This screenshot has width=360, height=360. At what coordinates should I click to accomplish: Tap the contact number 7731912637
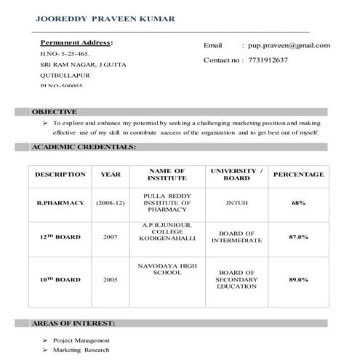click(268, 60)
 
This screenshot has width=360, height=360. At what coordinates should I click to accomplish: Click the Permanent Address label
click(76, 42)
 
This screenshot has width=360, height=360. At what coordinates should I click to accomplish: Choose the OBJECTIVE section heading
click(54, 112)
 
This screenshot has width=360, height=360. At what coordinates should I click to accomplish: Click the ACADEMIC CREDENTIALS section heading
click(84, 147)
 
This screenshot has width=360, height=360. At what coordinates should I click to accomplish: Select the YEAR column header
click(111, 175)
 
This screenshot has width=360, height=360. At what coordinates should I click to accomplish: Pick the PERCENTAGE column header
click(298, 175)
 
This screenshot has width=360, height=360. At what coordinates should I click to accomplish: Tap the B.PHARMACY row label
click(60, 203)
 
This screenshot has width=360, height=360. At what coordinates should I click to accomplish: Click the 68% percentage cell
click(298, 203)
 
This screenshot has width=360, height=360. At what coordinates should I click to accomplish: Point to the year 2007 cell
click(111, 237)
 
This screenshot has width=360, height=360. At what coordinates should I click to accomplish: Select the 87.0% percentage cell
click(298, 237)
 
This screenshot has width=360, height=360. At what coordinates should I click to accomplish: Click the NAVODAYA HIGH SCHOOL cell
click(167, 271)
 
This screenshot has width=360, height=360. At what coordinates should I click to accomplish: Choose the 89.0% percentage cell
click(298, 279)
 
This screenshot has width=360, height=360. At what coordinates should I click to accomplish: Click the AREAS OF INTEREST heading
click(73, 323)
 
